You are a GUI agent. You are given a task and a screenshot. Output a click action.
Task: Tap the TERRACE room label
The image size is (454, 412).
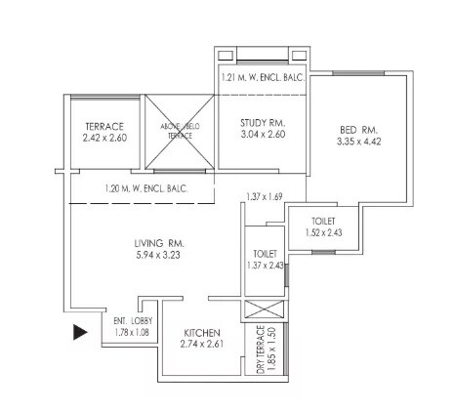105,127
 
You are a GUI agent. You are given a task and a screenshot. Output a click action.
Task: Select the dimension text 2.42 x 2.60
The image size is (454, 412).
105,138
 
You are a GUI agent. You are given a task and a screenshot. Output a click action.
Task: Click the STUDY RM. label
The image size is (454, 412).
262,123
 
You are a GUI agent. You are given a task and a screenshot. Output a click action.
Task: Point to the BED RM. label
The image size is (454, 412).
358,130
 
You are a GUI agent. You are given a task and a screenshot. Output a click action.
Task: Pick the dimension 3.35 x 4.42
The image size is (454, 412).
358,142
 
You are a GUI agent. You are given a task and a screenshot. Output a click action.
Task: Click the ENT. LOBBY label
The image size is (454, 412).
132,320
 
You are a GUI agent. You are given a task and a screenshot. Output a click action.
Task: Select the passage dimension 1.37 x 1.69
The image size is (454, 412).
265,197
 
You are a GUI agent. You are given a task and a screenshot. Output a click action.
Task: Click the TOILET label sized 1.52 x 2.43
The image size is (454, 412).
324,222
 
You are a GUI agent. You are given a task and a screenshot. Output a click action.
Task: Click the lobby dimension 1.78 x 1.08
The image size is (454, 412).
132,331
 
